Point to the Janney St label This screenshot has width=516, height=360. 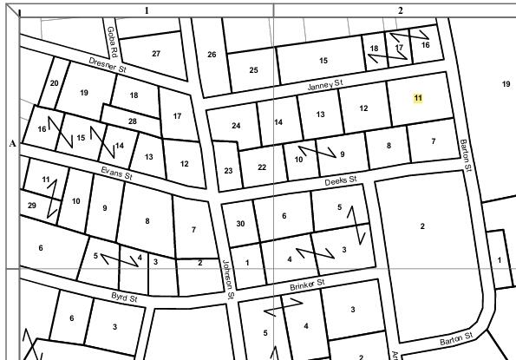coord(326,85)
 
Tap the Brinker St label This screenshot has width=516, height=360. coord(307,284)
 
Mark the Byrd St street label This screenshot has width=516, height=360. coord(125,298)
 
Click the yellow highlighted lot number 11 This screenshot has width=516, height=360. coord(418,98)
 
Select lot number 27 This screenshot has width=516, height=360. coord(156,54)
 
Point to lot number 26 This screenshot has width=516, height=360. coord(212,55)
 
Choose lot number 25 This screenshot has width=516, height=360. coord(253,70)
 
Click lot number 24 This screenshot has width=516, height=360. coord(236,126)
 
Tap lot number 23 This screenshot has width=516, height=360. coord(228,171)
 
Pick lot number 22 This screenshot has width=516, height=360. coord(262,167)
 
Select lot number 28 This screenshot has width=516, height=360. coord(132,121)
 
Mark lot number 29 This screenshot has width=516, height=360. coord(32,206)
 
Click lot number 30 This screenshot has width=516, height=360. coord(240,224)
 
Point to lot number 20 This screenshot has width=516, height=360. coord(54,83)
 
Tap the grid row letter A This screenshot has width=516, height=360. coord(12,143)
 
